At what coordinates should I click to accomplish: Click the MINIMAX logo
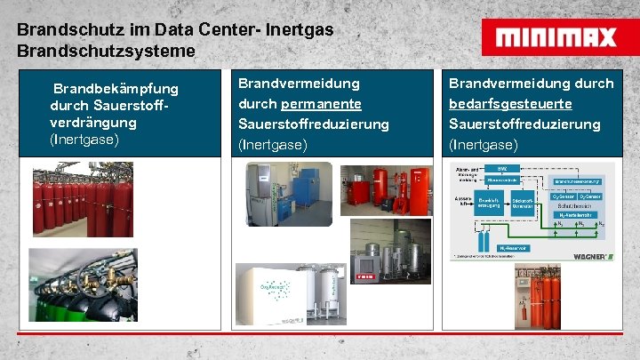click(x=556, y=37)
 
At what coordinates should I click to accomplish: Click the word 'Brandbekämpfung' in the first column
click(x=116, y=89)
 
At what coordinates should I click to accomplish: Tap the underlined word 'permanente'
click(x=316, y=103)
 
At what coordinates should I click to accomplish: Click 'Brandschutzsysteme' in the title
click(x=106, y=52)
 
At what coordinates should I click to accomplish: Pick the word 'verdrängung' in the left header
click(x=94, y=123)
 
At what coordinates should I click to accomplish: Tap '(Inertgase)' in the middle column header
click(x=271, y=144)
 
